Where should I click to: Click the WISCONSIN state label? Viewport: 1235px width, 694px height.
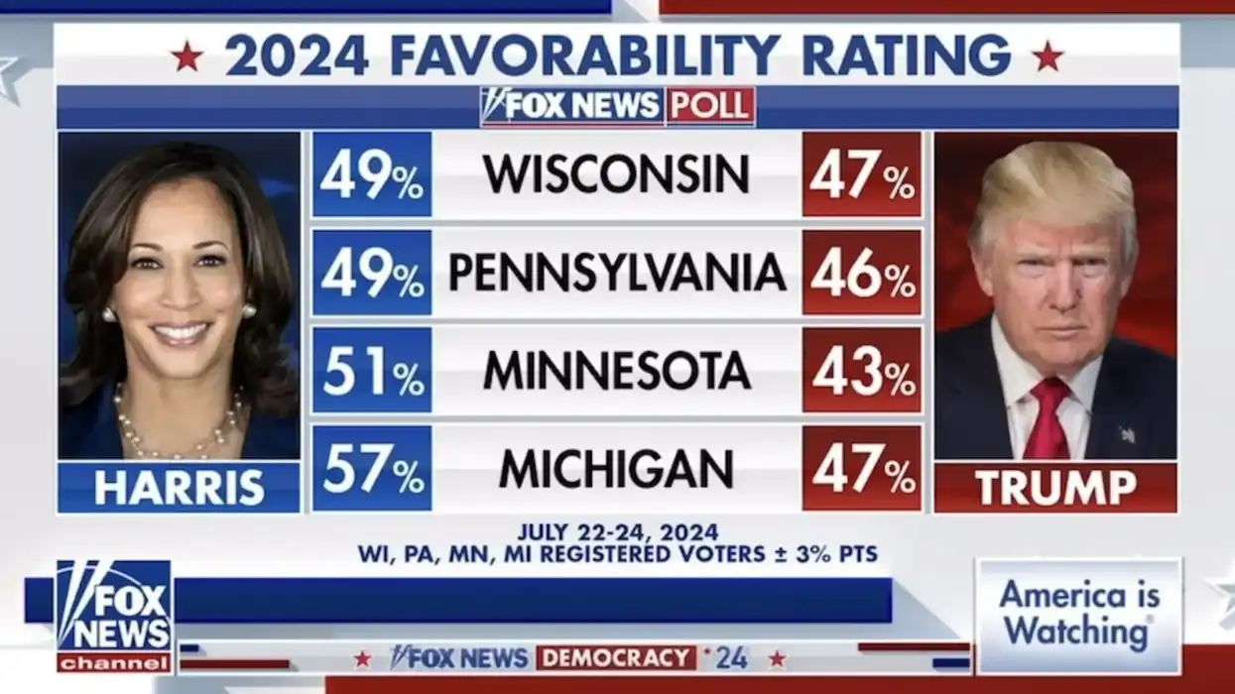pos(616,174)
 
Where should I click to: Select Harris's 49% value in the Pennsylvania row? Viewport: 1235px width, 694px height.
pos(372,273)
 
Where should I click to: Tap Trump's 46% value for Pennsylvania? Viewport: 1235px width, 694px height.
pos(861,273)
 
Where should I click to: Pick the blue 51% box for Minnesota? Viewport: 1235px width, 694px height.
pos(372,371)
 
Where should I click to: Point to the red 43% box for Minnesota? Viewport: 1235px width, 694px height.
pos(861,371)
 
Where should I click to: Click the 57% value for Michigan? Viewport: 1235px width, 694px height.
pos(372,469)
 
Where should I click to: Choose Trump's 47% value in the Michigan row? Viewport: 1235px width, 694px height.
pos(861,469)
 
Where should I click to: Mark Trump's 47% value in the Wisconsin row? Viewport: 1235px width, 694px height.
pos(861,174)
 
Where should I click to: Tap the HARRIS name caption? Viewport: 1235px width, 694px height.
pos(180,488)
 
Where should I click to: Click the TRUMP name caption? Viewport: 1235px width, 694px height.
pos(1055,488)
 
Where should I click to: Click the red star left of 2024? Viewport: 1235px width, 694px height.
pos(186,57)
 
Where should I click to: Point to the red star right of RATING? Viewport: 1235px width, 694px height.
pos(1048,57)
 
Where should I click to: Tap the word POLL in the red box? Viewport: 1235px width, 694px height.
pos(710,106)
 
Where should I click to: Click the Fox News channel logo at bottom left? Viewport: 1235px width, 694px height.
pos(114,616)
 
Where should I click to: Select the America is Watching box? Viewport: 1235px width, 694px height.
pos(1078,614)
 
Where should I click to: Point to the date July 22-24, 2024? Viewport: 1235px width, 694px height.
pos(617,532)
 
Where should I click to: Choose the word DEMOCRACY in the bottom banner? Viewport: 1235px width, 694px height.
pos(616,657)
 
